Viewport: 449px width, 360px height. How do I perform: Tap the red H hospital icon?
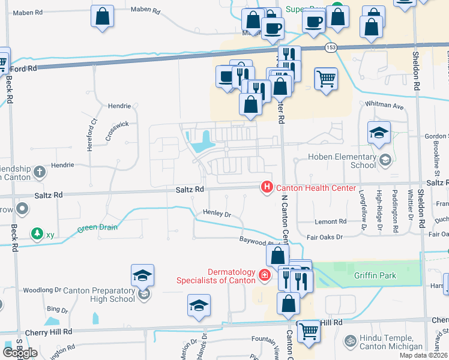click(267, 188)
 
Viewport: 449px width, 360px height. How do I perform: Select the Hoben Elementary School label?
click(342, 161)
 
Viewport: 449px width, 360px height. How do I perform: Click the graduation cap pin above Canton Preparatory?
click(143, 275)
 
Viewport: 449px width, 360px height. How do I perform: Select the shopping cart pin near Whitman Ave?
click(326, 78)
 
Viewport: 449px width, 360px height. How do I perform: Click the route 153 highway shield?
click(331, 47)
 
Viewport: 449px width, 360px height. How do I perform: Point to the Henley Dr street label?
click(217, 214)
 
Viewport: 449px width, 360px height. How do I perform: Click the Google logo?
click(19, 353)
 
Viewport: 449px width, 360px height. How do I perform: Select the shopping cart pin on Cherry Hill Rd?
click(309, 330)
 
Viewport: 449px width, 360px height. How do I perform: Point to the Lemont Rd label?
click(334, 221)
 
